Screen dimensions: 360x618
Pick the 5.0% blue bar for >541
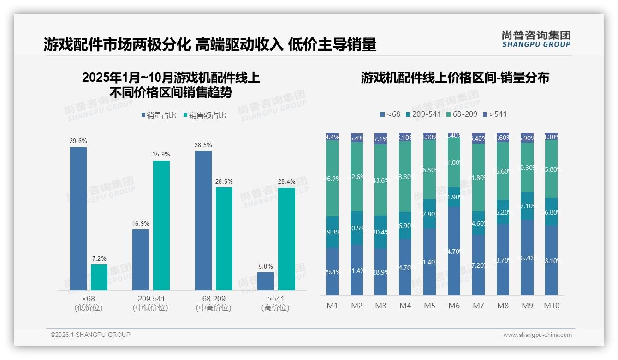[x=266, y=281]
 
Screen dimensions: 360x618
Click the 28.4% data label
[x=286, y=182]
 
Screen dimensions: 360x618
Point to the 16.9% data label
[x=141, y=223]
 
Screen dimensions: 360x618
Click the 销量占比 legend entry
[x=159, y=115]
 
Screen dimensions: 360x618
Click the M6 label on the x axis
[x=454, y=306]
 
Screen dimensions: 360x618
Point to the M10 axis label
[x=551, y=306]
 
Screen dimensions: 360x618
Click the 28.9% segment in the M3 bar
[x=381, y=272]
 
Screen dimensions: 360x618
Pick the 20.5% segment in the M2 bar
[x=357, y=228]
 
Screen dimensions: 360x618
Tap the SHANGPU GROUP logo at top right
[x=536, y=39]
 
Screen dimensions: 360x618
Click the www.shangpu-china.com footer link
[x=537, y=335]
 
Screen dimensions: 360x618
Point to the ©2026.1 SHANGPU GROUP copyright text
[x=90, y=335]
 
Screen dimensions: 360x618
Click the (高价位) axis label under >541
[x=275, y=308]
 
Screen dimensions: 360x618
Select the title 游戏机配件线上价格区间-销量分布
[x=455, y=78]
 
